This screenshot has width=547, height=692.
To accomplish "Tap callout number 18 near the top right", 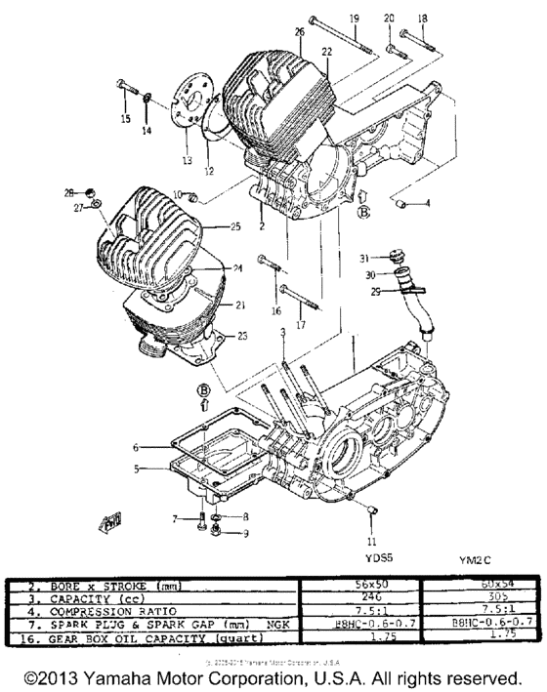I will coord(422,19).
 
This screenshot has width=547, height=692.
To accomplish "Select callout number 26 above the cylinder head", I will coord(300,31).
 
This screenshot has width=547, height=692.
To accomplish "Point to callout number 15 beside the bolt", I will coord(125,120).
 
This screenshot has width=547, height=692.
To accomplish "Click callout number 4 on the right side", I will coord(427,203).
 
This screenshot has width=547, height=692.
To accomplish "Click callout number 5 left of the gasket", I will coord(138,468).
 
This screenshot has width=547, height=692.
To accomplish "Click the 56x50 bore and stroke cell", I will coord(357,584).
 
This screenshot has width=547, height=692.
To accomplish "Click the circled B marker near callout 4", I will coord(364,211).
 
